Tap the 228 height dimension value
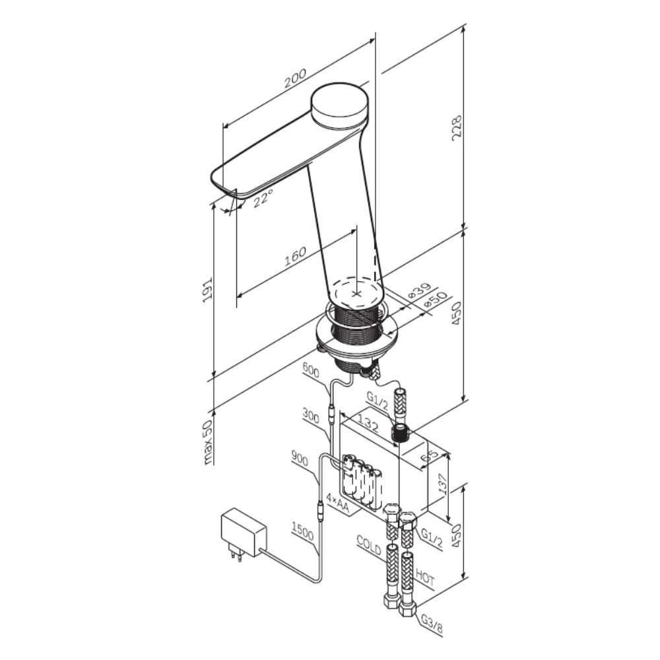(457, 128)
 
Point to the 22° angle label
(263, 197)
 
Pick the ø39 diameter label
(420, 291)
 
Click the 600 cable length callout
(311, 371)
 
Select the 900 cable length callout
(299, 459)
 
